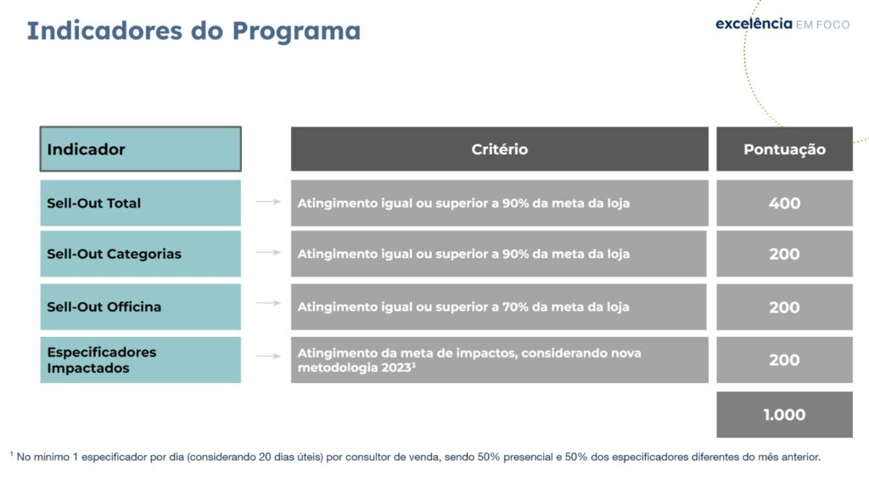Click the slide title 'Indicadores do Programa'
pos(193,31)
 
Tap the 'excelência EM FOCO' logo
pos(782,24)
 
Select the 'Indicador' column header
pos(141,149)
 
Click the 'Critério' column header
pos(499,149)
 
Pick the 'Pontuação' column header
pos(784,149)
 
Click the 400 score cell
pos(784,203)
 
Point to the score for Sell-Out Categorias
pos(784,254)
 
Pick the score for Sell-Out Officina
pos(784,306)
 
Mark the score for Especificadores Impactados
pos(784,360)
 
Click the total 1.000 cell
pos(784,414)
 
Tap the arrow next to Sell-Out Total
pos(268,202)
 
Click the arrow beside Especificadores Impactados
pos(268,356)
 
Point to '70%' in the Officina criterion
pos(515,306)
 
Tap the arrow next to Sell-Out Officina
pos(268,303)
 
